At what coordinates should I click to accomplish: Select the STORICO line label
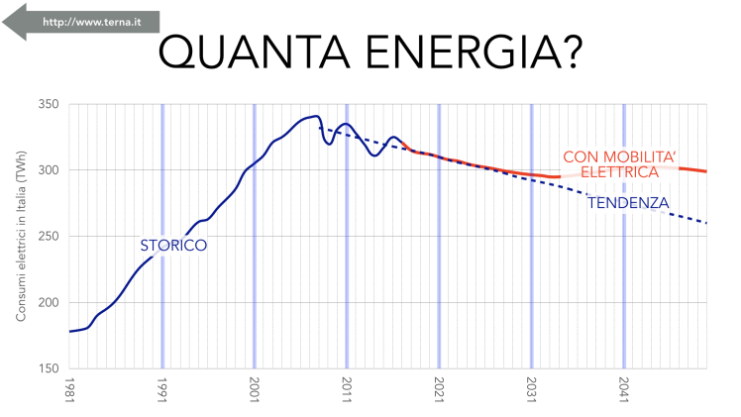pos(172,244)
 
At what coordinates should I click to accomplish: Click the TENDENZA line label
pos(627,204)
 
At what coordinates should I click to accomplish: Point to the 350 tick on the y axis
pos(48,104)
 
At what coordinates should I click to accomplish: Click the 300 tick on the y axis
pos(48,170)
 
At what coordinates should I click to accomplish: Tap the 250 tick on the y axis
pos(48,237)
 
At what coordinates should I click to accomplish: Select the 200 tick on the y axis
pos(48,302)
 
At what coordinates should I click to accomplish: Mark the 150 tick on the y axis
pos(48,368)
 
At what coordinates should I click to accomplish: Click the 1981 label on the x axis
pos(70,389)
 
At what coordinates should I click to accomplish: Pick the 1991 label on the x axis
pos(162,389)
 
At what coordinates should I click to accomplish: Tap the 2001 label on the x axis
pos(255,389)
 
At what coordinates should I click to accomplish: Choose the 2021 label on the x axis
pos(439,389)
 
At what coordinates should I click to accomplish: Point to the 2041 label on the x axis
pos(623,389)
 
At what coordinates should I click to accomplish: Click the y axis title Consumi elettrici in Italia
pos(21,244)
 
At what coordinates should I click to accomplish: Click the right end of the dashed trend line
pos(706,223)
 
